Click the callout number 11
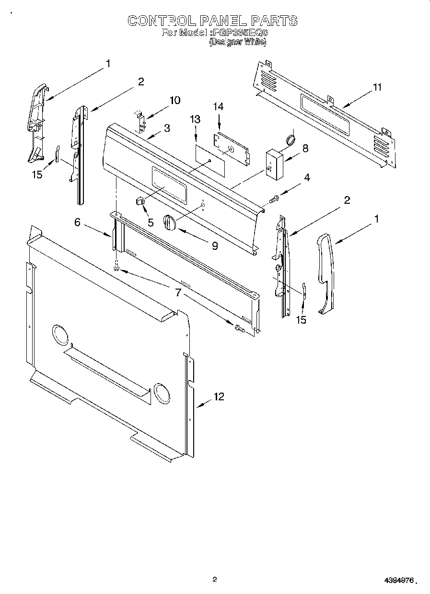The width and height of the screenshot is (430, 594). coord(377,87)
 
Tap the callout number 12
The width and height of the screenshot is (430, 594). coord(219,396)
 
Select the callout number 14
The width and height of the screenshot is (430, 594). coord(219,106)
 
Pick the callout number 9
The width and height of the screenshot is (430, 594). coord(215,246)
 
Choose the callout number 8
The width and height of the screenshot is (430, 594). coord(305,149)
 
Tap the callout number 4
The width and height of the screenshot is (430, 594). coord(306,178)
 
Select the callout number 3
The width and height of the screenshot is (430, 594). coord(166,128)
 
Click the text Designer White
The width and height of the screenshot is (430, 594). coord(237,42)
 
